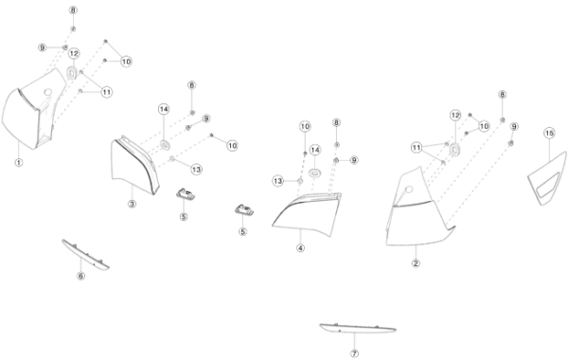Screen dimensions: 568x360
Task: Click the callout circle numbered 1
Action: point(19,162)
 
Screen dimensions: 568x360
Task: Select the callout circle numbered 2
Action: point(416,263)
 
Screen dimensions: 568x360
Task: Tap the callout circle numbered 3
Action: point(132,204)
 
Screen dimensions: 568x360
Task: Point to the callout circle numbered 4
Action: point(300,248)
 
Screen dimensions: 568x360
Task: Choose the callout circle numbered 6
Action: point(80,276)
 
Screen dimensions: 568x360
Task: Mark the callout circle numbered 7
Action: point(355,353)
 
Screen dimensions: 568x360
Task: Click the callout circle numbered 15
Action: point(549,134)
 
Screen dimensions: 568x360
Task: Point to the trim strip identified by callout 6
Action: point(85,255)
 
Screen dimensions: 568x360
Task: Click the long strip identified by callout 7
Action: point(358,329)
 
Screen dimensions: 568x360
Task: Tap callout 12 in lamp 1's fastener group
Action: point(74,54)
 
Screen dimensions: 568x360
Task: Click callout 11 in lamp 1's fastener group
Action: point(106,92)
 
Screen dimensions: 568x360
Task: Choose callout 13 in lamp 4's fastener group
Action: point(277,181)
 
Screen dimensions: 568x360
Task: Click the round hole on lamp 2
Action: point(408,189)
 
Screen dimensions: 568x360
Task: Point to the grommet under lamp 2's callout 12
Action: point(454,149)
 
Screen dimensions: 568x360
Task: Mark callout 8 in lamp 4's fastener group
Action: point(336,122)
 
